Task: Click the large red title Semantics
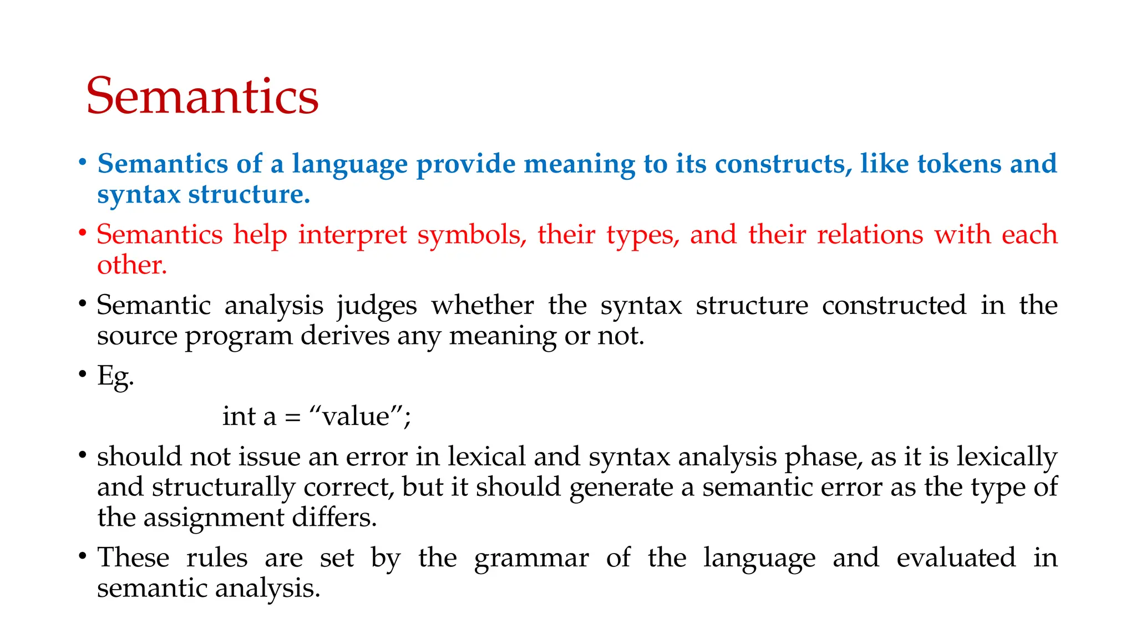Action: click(x=202, y=97)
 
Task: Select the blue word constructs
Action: click(x=783, y=164)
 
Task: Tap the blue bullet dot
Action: click(x=83, y=163)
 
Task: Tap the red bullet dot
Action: click(x=83, y=233)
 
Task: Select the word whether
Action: click(x=483, y=305)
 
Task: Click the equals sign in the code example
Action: click(x=292, y=417)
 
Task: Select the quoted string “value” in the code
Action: click(x=356, y=416)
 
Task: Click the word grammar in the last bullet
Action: click(x=531, y=559)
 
